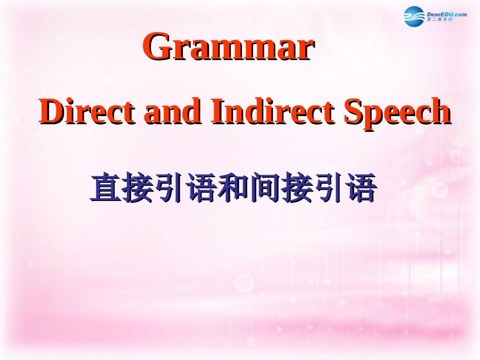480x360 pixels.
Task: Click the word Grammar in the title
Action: pos(229,47)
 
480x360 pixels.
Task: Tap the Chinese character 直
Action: pos(106,188)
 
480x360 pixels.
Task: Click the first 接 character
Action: pos(137,188)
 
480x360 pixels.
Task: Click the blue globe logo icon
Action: pos(415,17)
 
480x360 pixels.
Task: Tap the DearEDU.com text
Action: pos(447,15)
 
